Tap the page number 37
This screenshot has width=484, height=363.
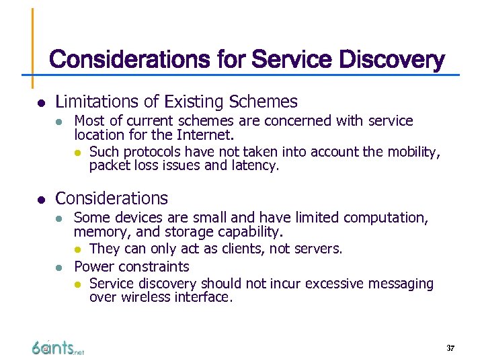click(x=450, y=348)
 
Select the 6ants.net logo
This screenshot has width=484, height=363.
click(x=58, y=348)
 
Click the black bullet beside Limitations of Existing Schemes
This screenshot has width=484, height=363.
click(x=40, y=103)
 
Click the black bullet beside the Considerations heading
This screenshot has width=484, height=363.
click(x=40, y=200)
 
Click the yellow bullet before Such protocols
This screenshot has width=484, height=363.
click(x=79, y=152)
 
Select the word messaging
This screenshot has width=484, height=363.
click(x=399, y=284)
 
